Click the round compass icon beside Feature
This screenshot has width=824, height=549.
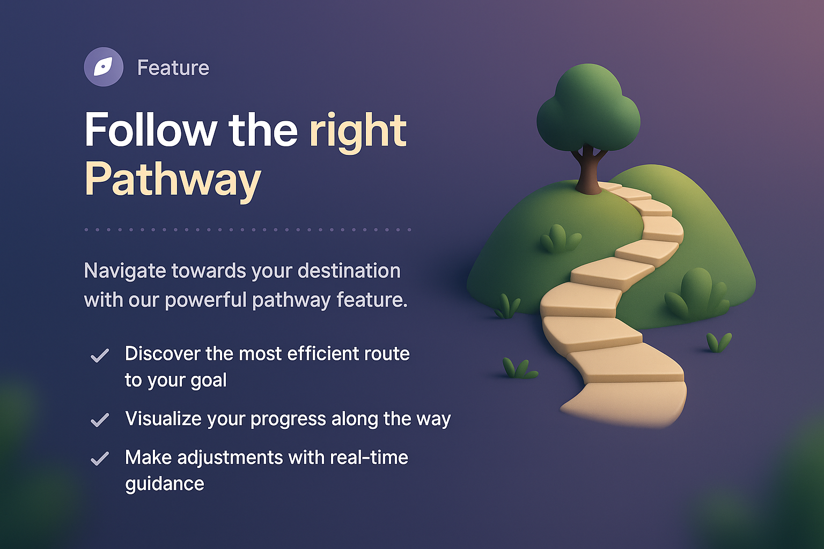pyautogui.click(x=104, y=67)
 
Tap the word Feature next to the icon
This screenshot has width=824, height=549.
pyautogui.click(x=173, y=68)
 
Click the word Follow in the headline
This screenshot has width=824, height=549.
pyautogui.click(x=151, y=130)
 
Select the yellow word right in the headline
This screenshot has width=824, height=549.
pyautogui.click(x=358, y=130)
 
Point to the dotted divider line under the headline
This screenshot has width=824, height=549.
pyautogui.click(x=247, y=229)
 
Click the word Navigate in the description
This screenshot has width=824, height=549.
pyautogui.click(x=124, y=271)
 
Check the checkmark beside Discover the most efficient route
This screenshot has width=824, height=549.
pyautogui.click(x=100, y=355)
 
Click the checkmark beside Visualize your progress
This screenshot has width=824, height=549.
pyautogui.click(x=100, y=420)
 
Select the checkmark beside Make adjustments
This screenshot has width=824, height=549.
pyautogui.click(x=100, y=459)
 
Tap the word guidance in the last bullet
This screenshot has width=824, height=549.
pyautogui.click(x=165, y=484)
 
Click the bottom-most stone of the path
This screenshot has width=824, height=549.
pyautogui.click(x=628, y=405)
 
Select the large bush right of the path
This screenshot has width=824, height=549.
pyautogui.click(x=696, y=295)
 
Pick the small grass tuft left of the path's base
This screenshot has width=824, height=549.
pyautogui.click(x=518, y=369)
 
